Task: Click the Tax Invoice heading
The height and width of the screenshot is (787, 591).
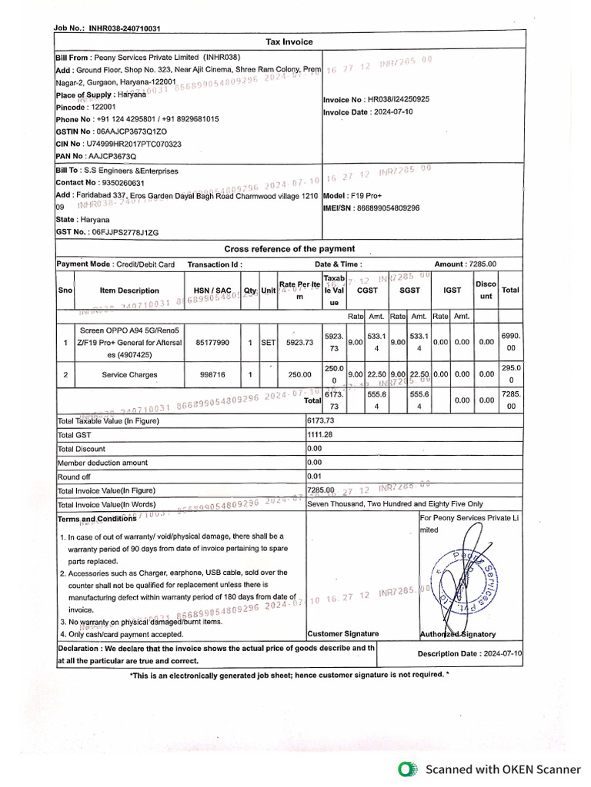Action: [289, 42]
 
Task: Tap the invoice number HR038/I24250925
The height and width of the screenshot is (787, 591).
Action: [398, 99]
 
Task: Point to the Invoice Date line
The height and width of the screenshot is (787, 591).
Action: [368, 112]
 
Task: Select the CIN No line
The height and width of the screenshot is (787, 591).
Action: [119, 144]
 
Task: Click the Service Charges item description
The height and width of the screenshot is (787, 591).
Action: [129, 375]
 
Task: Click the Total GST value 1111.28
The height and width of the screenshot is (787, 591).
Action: [320, 435]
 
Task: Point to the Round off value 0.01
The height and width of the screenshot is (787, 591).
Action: [315, 477]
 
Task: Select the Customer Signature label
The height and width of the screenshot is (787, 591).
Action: [342, 634]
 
